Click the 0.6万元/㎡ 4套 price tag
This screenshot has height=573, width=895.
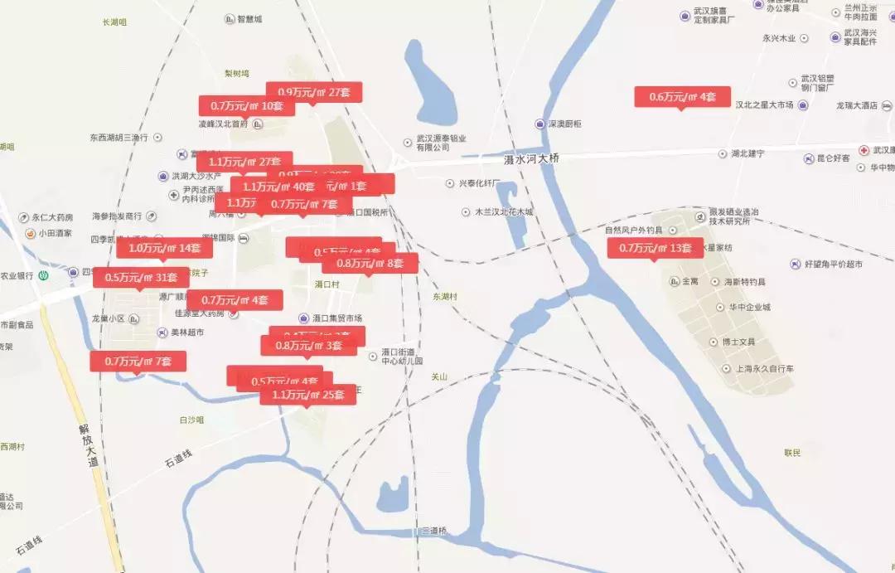pos(682,96)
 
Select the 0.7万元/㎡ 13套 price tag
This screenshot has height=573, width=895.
pos(655,248)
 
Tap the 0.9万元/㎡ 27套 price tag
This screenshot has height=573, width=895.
pos(314,92)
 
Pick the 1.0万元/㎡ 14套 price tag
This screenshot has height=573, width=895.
pos(164,248)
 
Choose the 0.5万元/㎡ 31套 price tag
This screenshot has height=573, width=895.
pos(141,277)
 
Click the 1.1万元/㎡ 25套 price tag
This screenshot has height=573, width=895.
pos(307,395)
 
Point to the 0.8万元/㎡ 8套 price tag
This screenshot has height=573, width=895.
pos(370,264)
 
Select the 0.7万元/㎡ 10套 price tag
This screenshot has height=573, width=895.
pos(246,106)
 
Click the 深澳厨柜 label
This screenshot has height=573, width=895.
pos(564,124)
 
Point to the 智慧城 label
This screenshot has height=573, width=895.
pos(249,18)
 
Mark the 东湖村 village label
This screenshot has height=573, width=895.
pos(445,296)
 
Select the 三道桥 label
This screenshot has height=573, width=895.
pos(434,531)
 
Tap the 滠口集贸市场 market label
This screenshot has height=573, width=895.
pos(336,318)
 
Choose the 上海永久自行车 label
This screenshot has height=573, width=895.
pos(759,368)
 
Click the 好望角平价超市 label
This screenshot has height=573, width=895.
pos(832,264)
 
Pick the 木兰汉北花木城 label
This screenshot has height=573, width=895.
pos(503,212)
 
